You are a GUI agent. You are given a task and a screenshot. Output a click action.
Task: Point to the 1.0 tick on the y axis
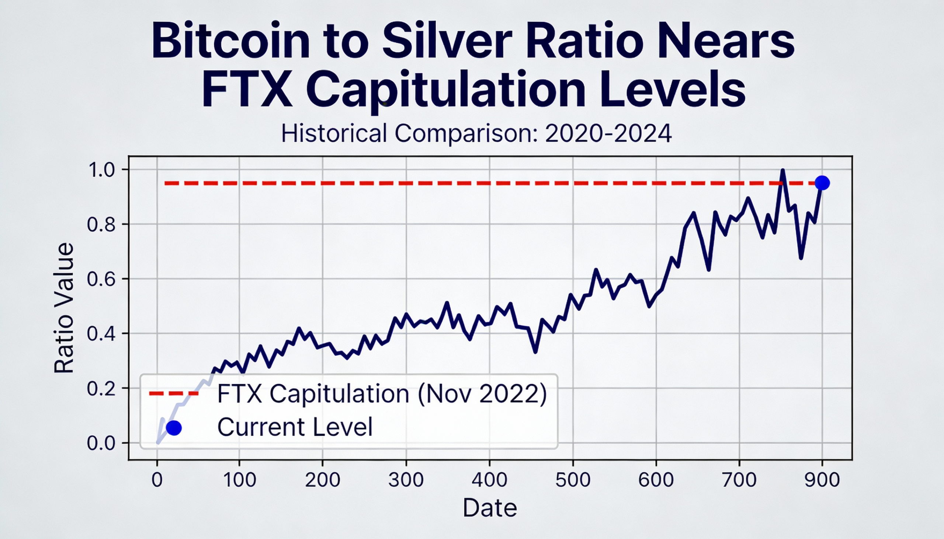102,170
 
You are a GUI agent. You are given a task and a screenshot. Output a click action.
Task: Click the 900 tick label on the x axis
822,480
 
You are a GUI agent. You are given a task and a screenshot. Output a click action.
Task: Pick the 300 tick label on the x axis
406,480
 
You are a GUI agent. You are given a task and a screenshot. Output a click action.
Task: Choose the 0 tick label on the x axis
157,480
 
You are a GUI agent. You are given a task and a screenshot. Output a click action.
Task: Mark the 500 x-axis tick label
573,480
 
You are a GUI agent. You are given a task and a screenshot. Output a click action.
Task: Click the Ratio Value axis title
64,308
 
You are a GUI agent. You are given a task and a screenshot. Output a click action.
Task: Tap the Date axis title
489,508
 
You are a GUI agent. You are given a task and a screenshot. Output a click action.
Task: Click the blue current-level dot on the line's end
822,183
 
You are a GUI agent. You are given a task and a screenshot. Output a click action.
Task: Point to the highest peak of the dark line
782,171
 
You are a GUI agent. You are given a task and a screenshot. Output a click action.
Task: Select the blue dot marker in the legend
174,428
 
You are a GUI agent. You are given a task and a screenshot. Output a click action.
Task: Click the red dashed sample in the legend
174,393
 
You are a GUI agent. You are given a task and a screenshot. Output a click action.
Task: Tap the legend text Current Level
295,427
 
